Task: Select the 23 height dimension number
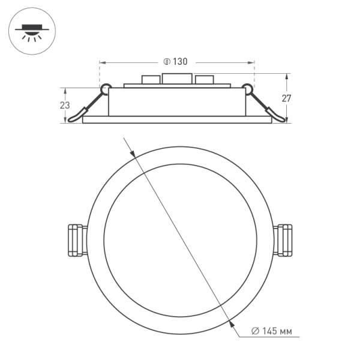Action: [x=65, y=105]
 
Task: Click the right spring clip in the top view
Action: [x=283, y=240]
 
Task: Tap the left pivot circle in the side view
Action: [x=106, y=89]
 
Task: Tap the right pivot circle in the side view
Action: [x=247, y=89]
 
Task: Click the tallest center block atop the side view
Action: [x=178, y=79]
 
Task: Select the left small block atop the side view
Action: [x=150, y=80]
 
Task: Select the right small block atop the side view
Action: [x=205, y=80]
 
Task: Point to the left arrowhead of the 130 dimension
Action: [x=102, y=62]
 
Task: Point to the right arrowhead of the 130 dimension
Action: [x=251, y=62]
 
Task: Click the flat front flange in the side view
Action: [x=177, y=120]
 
